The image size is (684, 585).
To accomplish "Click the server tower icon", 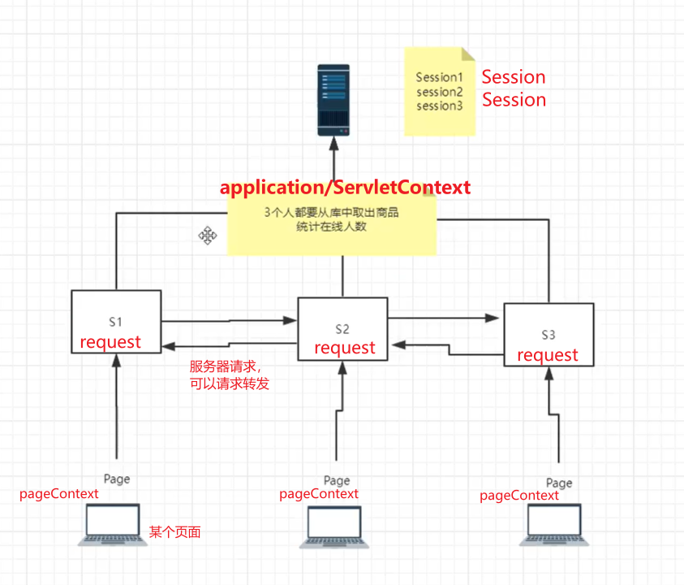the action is pyautogui.click(x=333, y=100).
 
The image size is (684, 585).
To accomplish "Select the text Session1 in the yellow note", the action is pyautogui.click(x=439, y=77).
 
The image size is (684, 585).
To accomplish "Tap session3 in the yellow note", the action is pyautogui.click(x=439, y=106).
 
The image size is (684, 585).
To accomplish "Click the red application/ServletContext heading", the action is pyautogui.click(x=345, y=188).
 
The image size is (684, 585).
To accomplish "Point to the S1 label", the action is pyautogui.click(x=115, y=322).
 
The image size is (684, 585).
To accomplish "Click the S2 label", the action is pyautogui.click(x=342, y=329).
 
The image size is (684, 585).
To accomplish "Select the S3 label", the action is pyautogui.click(x=548, y=335).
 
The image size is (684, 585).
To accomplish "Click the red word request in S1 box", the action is pyautogui.click(x=110, y=342).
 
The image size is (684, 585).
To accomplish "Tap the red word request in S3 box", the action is pyautogui.click(x=548, y=355).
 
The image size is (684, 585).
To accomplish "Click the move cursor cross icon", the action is pyautogui.click(x=208, y=236).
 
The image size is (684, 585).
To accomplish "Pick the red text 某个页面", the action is pyautogui.click(x=175, y=531).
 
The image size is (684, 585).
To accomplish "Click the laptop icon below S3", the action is pyautogui.click(x=554, y=525).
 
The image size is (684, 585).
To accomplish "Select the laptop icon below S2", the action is pyautogui.click(x=334, y=526).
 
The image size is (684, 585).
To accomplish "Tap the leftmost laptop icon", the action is pyautogui.click(x=113, y=524).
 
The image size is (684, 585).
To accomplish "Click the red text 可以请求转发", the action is pyautogui.click(x=230, y=383).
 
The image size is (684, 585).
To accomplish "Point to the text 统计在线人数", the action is pyautogui.click(x=332, y=227).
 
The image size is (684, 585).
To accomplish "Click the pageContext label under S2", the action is pyautogui.click(x=319, y=494).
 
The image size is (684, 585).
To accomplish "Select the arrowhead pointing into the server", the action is pyautogui.click(x=333, y=144).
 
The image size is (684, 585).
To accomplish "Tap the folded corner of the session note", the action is pyautogui.click(x=468, y=54).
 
